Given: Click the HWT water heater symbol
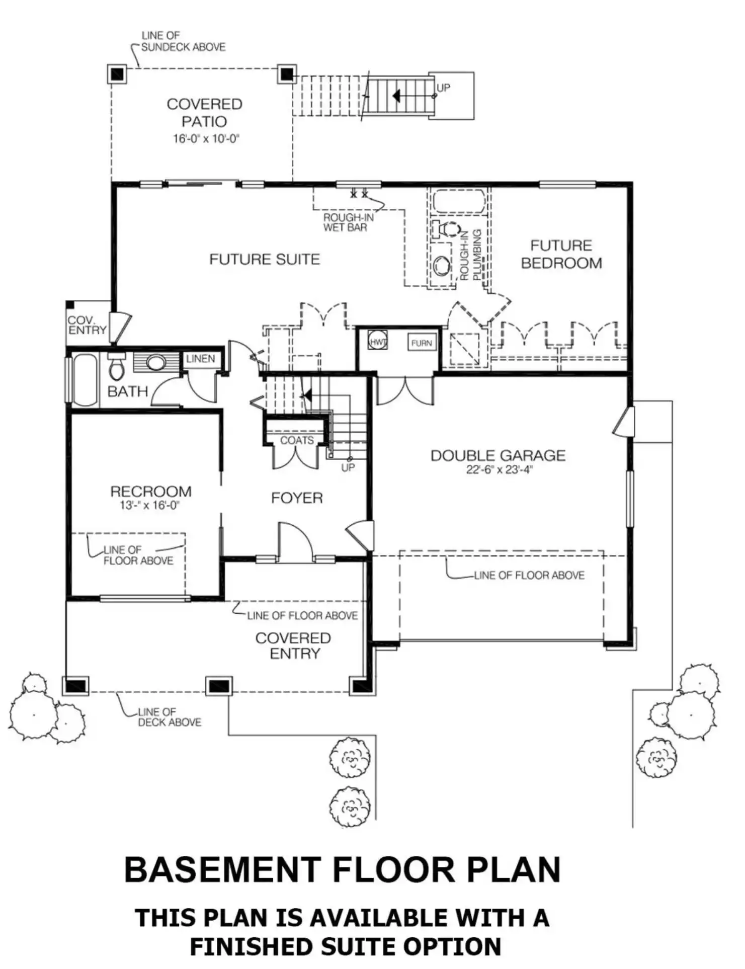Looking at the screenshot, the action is tap(378, 341).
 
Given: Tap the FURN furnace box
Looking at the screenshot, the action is tap(422, 343).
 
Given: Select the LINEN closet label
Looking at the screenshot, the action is tap(200, 359).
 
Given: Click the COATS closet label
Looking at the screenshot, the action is tap(297, 440).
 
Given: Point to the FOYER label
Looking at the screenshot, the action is tap(297, 498).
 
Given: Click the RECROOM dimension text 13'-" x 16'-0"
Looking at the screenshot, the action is tap(149, 505).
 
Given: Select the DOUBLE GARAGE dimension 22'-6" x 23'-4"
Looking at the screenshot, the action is tap(499, 470).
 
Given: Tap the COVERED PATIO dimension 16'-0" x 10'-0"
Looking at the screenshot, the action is tap(205, 138).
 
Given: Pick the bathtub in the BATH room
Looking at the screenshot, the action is tap(85, 380).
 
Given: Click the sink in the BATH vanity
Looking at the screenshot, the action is tap(156, 362).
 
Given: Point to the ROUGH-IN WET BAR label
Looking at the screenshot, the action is tap(348, 222).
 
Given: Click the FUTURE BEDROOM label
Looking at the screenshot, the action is tap(561, 254).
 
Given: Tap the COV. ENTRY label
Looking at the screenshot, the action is tap(87, 326).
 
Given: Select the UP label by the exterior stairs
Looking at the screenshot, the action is tap(443, 88).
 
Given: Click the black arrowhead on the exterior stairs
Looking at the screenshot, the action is tap(396, 95).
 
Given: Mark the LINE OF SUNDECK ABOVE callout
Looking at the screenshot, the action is tap(183, 41).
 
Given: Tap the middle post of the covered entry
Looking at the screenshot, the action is tap(219, 686).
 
